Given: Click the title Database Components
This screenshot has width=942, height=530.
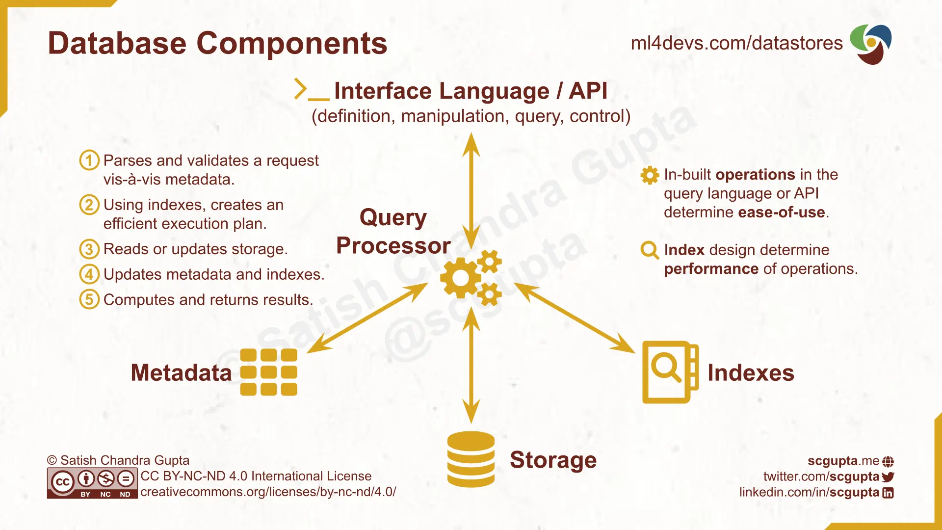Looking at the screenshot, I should click(x=217, y=43).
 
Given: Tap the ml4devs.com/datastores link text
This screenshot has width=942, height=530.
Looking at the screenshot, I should click(x=736, y=43).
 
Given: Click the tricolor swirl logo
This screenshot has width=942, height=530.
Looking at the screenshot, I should click(x=871, y=44).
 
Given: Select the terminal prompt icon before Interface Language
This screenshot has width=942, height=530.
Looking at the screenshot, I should click(x=311, y=90).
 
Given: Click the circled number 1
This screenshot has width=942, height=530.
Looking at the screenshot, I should click(x=89, y=160).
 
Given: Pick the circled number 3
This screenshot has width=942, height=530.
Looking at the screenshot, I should click(x=89, y=249).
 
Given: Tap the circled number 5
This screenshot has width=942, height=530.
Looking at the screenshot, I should click(x=89, y=299).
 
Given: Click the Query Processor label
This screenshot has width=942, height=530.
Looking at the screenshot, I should click(x=393, y=231).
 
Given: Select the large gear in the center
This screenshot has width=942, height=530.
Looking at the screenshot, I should click(x=460, y=278).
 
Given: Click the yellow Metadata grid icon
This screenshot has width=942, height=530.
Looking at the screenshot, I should click(x=269, y=372).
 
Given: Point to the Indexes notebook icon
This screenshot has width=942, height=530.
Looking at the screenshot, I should click(x=670, y=372).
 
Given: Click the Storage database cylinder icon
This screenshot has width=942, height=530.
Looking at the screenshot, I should click(x=471, y=459).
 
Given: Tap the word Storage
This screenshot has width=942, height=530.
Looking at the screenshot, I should click(x=553, y=460).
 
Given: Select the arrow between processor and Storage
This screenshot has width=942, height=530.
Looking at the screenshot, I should click(x=471, y=366).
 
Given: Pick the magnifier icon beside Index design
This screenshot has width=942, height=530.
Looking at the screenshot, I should click(x=650, y=250).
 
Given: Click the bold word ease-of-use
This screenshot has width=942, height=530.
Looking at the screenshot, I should click(x=781, y=212).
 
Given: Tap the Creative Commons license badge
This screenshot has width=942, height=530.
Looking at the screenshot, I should click(x=92, y=483).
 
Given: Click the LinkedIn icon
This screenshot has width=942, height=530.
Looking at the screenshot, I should click(x=888, y=493).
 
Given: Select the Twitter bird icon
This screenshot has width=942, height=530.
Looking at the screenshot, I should click(x=888, y=477).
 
